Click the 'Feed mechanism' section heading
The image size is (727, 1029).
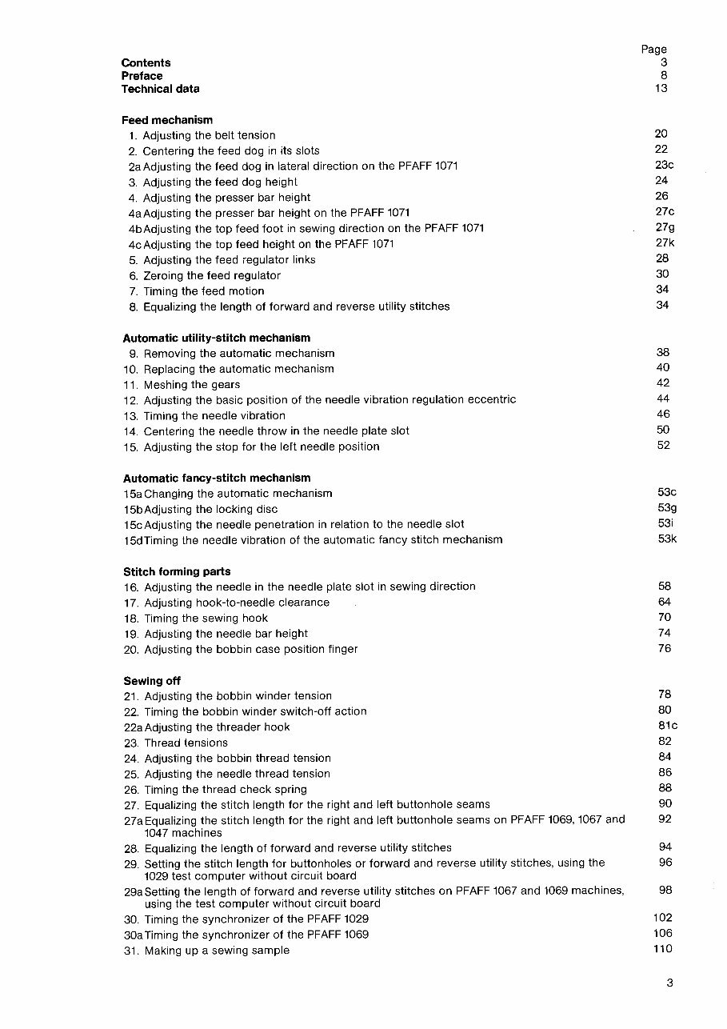tap(167, 120)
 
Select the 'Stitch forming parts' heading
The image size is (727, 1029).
tap(177, 571)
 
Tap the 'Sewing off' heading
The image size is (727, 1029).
tap(152, 681)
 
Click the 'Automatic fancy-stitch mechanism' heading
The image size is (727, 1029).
tap(217, 478)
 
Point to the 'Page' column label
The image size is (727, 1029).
tap(653, 50)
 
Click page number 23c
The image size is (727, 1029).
tap(665, 165)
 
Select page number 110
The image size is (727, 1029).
tap(663, 949)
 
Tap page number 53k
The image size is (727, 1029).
tap(667, 539)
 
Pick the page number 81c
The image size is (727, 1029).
tap(667, 726)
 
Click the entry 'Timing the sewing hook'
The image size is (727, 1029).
tap(206, 618)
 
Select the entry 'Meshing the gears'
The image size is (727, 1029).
tap(192, 384)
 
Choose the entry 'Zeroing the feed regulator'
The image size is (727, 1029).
tap(212, 275)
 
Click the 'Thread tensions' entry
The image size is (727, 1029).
tap(186, 743)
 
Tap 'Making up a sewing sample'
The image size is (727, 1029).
tap(217, 951)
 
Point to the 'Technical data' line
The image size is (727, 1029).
tap(161, 89)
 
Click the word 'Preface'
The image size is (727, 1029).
tap(142, 76)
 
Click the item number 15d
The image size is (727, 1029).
tap(133, 540)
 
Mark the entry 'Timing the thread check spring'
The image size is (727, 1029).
tap(226, 789)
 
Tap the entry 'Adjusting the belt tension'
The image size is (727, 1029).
tap(209, 135)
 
